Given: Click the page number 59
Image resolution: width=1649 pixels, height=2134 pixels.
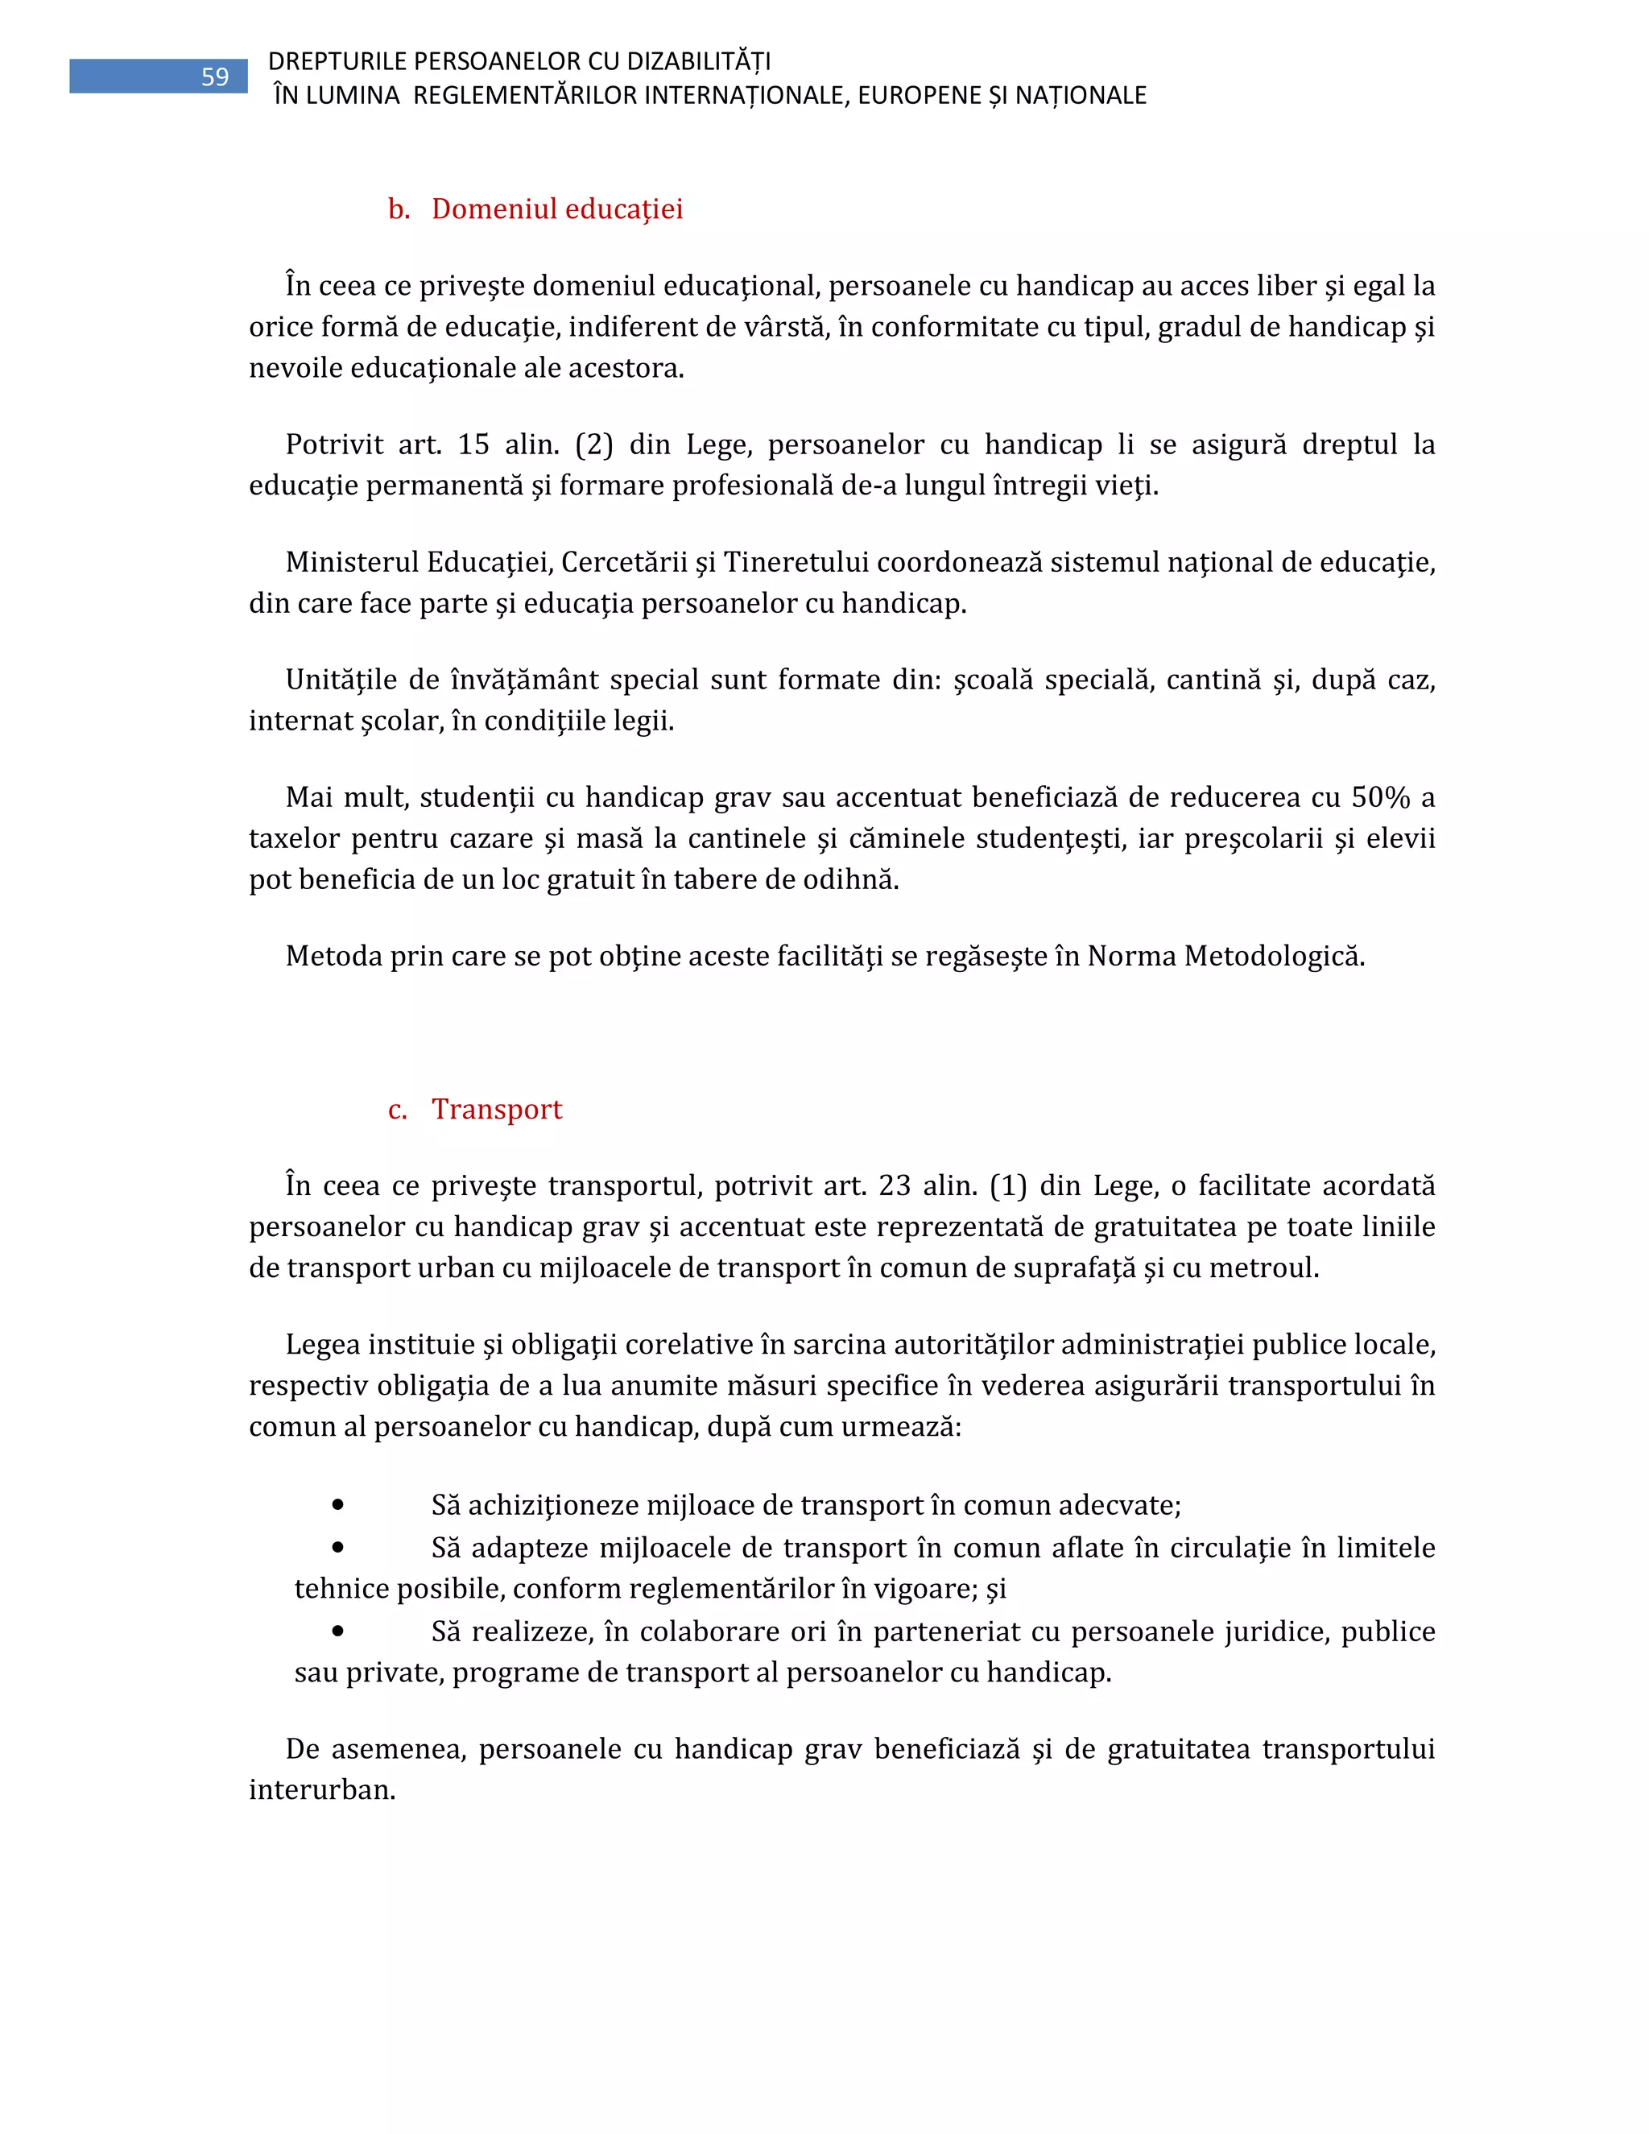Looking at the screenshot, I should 214,77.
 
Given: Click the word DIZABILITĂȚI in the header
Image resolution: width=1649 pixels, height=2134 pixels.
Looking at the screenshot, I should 698,61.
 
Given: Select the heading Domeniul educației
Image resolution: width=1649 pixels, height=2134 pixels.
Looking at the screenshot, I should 557,209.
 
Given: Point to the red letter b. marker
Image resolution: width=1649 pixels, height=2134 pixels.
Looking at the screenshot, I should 399,209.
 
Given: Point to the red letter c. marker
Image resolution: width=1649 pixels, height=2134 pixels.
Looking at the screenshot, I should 398,1110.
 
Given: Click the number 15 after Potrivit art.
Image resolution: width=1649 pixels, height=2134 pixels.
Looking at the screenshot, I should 473,445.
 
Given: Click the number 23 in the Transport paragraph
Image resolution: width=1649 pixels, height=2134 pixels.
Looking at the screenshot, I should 894,1185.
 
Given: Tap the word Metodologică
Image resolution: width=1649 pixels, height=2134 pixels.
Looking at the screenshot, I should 1274,956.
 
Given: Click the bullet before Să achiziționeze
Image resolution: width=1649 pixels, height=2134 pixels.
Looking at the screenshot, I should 338,1505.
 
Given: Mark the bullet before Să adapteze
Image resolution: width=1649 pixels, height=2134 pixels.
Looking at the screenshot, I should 338,1548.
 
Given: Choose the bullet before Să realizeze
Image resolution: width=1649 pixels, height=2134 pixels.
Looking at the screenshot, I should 338,1631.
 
